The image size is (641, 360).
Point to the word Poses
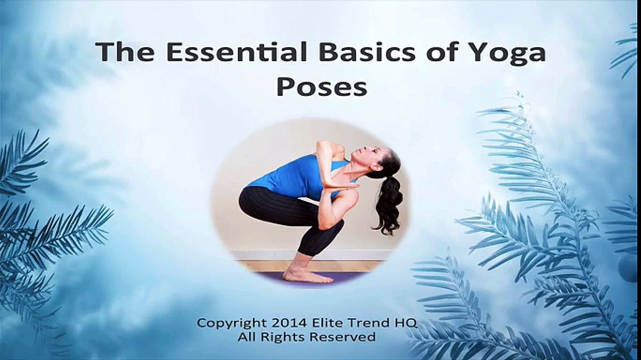pos(321,87)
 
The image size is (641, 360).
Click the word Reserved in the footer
pos(343,337)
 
